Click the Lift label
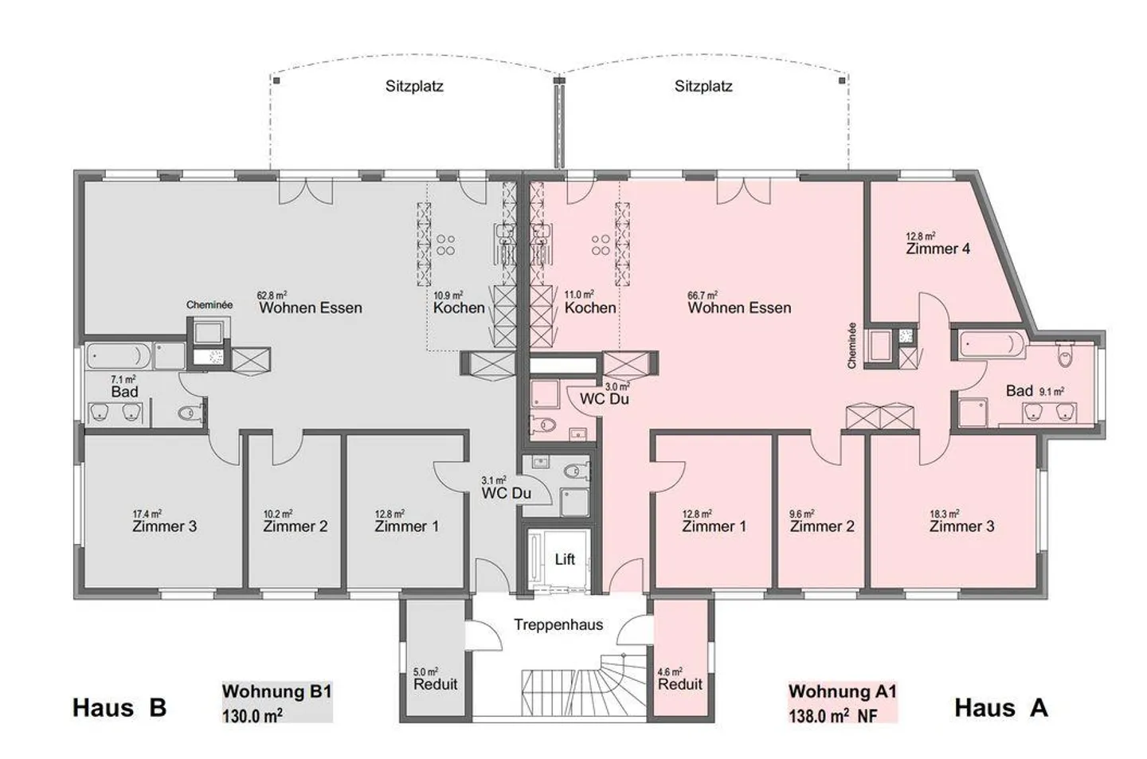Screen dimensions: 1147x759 point(565,559)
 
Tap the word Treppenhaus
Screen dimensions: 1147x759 point(558,625)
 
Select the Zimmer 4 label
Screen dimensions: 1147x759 point(938,249)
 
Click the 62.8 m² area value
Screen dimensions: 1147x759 point(272,295)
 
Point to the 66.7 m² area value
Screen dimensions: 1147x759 point(702,295)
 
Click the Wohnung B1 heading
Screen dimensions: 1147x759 point(277,691)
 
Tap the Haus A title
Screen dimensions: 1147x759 point(1001,708)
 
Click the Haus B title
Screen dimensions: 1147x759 point(119,708)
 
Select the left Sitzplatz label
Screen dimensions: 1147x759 point(414,86)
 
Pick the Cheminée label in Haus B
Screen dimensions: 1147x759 point(209,305)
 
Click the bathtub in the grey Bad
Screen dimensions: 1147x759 point(119,356)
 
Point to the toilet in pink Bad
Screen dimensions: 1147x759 point(1064,354)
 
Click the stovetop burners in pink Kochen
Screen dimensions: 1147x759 point(601,245)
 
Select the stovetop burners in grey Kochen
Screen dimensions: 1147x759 point(445,245)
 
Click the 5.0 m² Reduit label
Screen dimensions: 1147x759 point(435,679)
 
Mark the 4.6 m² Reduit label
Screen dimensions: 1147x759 point(680,679)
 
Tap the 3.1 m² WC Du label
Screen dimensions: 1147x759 point(506,488)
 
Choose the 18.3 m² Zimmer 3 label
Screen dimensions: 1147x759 point(961,521)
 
